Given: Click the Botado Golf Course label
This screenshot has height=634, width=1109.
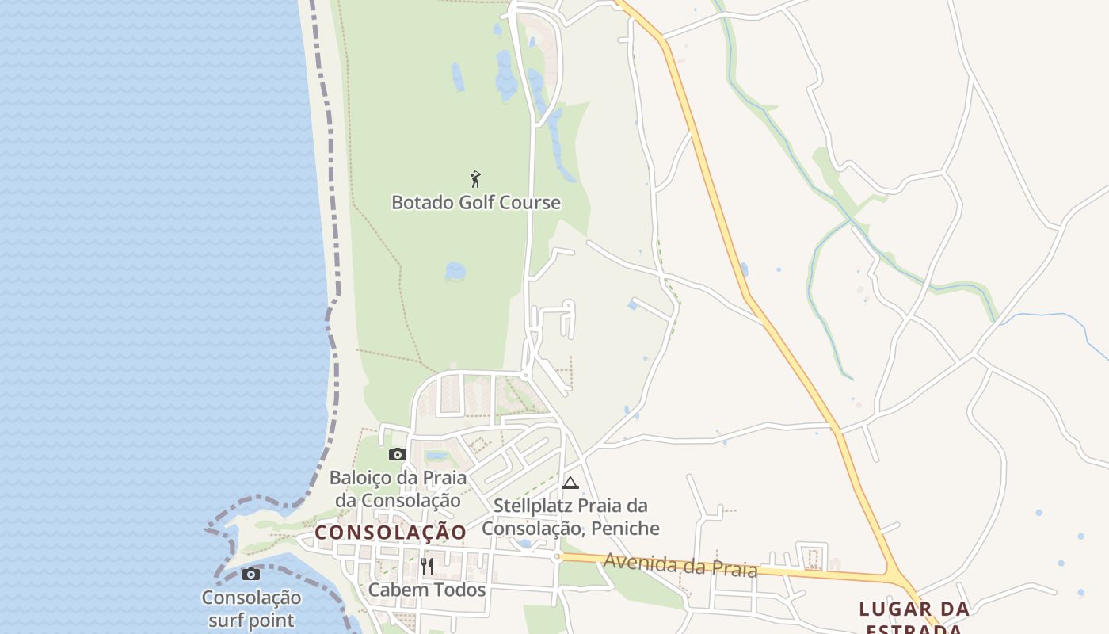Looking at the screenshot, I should point(476,203).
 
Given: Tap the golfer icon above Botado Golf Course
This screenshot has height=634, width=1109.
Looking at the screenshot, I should point(475,179).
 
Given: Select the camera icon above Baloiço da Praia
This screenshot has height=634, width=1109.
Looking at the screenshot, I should point(398,454).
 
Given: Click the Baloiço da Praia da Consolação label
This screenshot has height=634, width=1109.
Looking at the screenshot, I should point(398,489).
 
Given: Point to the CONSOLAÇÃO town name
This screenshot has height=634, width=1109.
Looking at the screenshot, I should point(391,533).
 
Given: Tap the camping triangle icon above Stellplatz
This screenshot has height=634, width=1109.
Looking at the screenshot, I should point(570,483).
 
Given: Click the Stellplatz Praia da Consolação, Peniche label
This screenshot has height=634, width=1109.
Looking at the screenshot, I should point(571,517).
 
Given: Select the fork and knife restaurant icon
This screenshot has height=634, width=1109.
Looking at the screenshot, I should point(427,566).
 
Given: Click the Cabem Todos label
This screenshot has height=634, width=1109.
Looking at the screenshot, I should point(427,590).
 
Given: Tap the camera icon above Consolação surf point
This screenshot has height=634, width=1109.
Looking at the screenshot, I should point(251,574).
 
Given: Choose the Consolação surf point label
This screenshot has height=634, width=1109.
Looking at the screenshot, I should point(251,609).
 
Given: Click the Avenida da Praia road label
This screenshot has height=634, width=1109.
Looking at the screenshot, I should point(680,565).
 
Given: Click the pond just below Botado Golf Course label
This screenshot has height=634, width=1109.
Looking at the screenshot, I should point(455,271).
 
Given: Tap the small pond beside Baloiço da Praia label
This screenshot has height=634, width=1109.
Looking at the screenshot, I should point(436,456).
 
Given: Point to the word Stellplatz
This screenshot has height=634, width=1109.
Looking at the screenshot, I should point(531,506).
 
